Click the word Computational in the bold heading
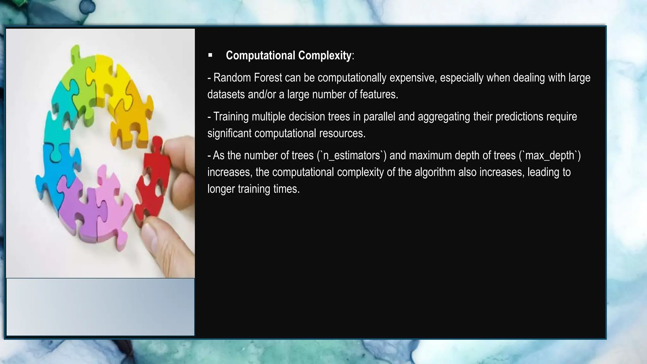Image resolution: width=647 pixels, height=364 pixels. [x=261, y=56]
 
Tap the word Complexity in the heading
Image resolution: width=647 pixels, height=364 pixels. [x=324, y=56]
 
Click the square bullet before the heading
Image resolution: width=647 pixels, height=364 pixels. [x=210, y=56]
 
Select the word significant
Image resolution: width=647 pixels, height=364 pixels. [x=229, y=133]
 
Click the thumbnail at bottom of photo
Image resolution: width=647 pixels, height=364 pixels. [x=100, y=306]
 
